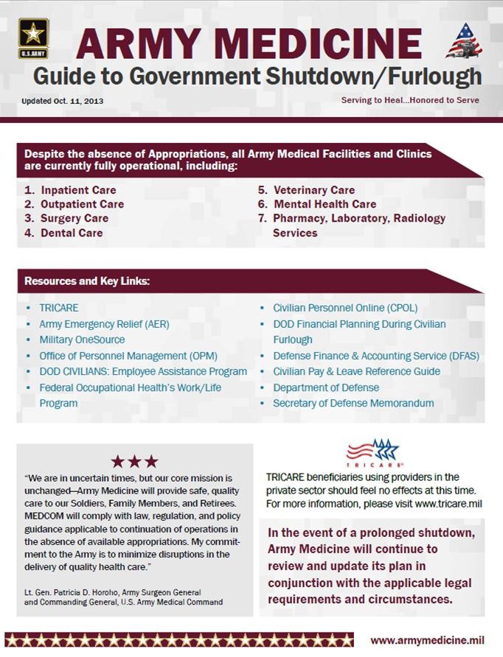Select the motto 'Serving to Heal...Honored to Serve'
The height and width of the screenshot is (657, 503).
(410, 100)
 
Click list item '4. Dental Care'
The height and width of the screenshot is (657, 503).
(63, 233)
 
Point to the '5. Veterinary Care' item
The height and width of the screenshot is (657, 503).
(306, 190)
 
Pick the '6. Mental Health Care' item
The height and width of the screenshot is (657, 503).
(316, 204)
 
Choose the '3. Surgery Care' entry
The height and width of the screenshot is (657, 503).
(66, 218)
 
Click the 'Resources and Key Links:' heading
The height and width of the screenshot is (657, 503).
(87, 281)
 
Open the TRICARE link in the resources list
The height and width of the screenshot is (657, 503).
(59, 308)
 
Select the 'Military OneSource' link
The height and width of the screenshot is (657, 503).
(82, 340)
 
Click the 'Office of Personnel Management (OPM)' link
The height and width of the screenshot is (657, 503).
(123, 356)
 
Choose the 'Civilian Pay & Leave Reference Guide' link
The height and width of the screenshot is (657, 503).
(356, 371)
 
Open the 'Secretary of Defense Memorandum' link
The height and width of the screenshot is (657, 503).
(353, 403)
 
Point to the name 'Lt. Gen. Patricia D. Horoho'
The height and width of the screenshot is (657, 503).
(80, 592)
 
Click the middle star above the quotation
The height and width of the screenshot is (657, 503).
(134, 462)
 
